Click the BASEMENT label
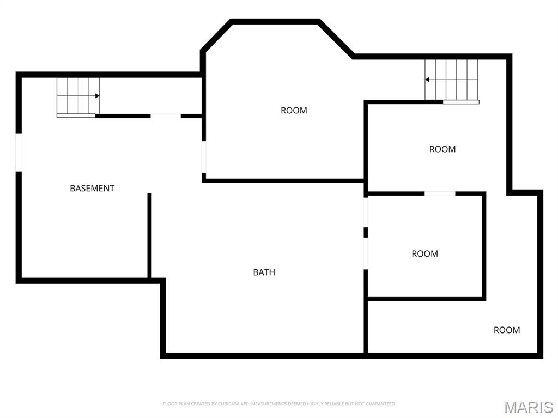(92, 189)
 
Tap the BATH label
(264, 272)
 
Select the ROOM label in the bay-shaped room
(294, 111)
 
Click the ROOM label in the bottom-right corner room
(507, 330)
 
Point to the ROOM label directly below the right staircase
(442, 149)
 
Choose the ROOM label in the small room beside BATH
(425, 254)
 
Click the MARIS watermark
(529, 407)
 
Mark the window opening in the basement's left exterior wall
(19, 153)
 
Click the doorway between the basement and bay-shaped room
(204, 157)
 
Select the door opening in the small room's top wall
(440, 193)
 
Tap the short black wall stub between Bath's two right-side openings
(366, 233)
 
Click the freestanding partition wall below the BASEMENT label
(149, 235)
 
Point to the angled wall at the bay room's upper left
(216, 34)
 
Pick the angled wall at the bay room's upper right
(336, 39)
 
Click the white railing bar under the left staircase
(76, 116)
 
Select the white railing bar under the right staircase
(461, 102)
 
